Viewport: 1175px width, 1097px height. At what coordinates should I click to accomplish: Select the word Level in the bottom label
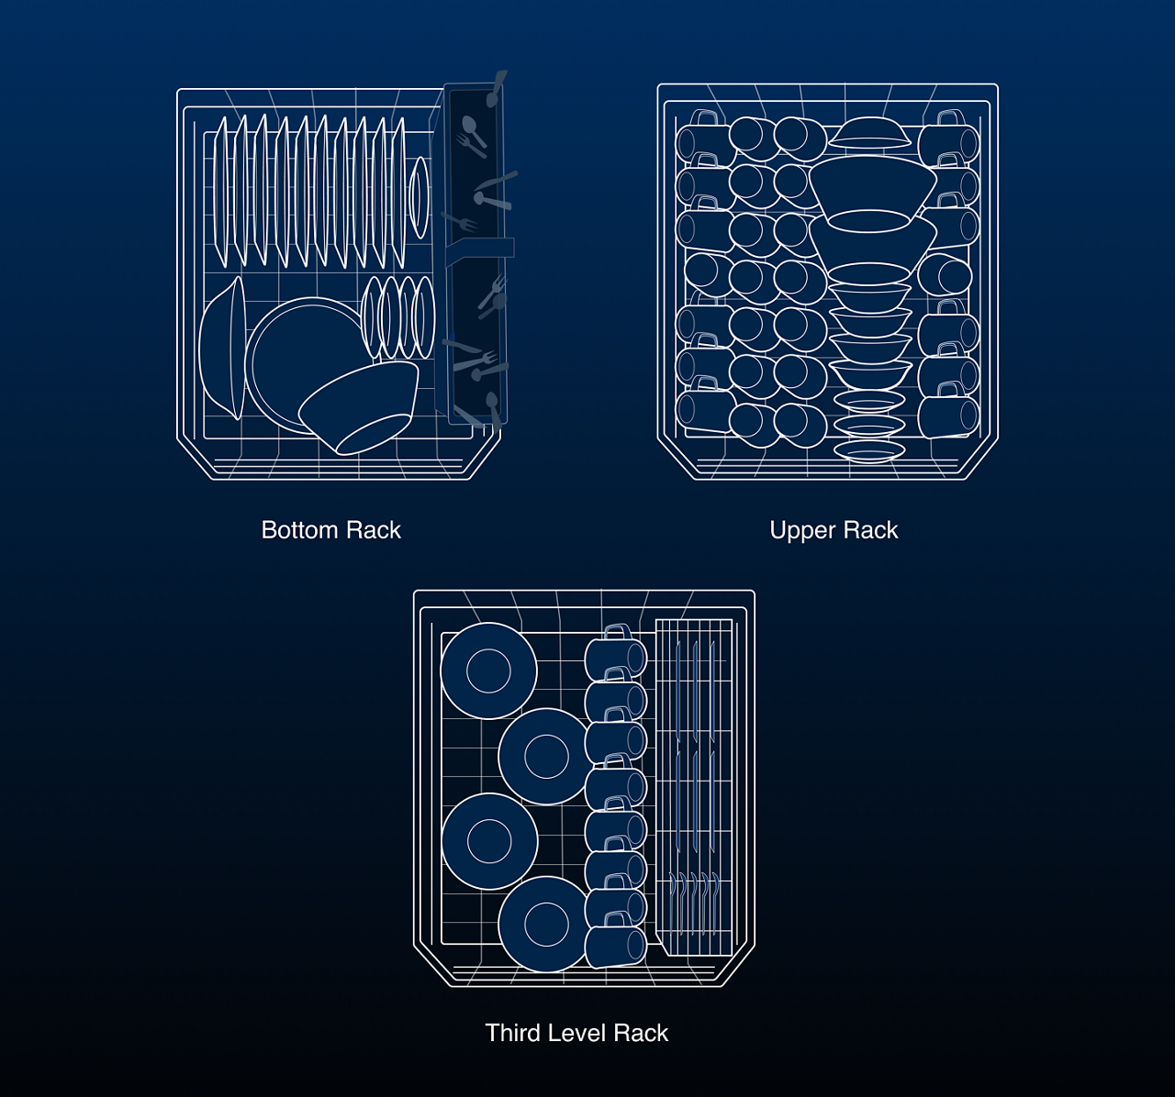(x=577, y=1033)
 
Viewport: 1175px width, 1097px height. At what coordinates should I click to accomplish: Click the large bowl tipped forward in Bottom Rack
(x=360, y=405)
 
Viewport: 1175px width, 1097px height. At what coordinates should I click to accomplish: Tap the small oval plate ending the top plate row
(x=419, y=197)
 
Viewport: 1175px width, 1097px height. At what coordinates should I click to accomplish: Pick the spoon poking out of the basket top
(x=497, y=87)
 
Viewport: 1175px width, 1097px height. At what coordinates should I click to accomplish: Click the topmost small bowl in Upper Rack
(x=870, y=134)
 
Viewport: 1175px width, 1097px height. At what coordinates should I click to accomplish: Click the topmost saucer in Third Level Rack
(x=488, y=670)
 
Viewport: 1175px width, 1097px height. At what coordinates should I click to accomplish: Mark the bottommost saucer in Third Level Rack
(x=546, y=923)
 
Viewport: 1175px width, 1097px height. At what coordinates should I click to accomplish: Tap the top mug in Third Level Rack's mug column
(x=615, y=655)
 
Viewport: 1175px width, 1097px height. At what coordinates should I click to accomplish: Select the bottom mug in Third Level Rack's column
(x=615, y=946)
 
